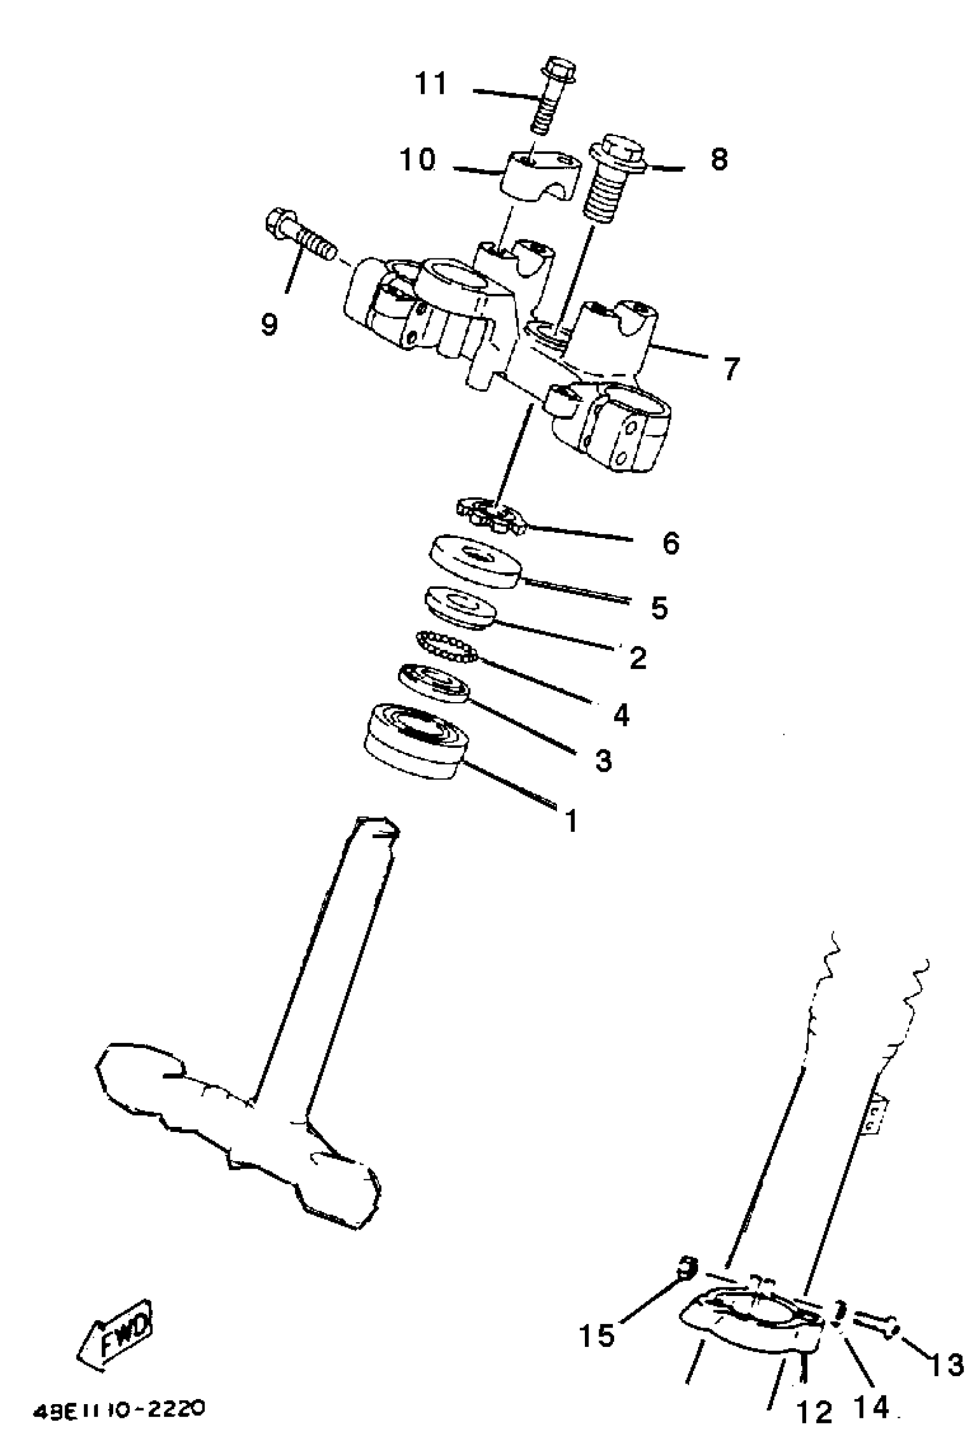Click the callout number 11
tap(431, 83)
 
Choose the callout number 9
tap(269, 324)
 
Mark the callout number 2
tap(638, 657)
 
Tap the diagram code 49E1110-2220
tap(118, 1409)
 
